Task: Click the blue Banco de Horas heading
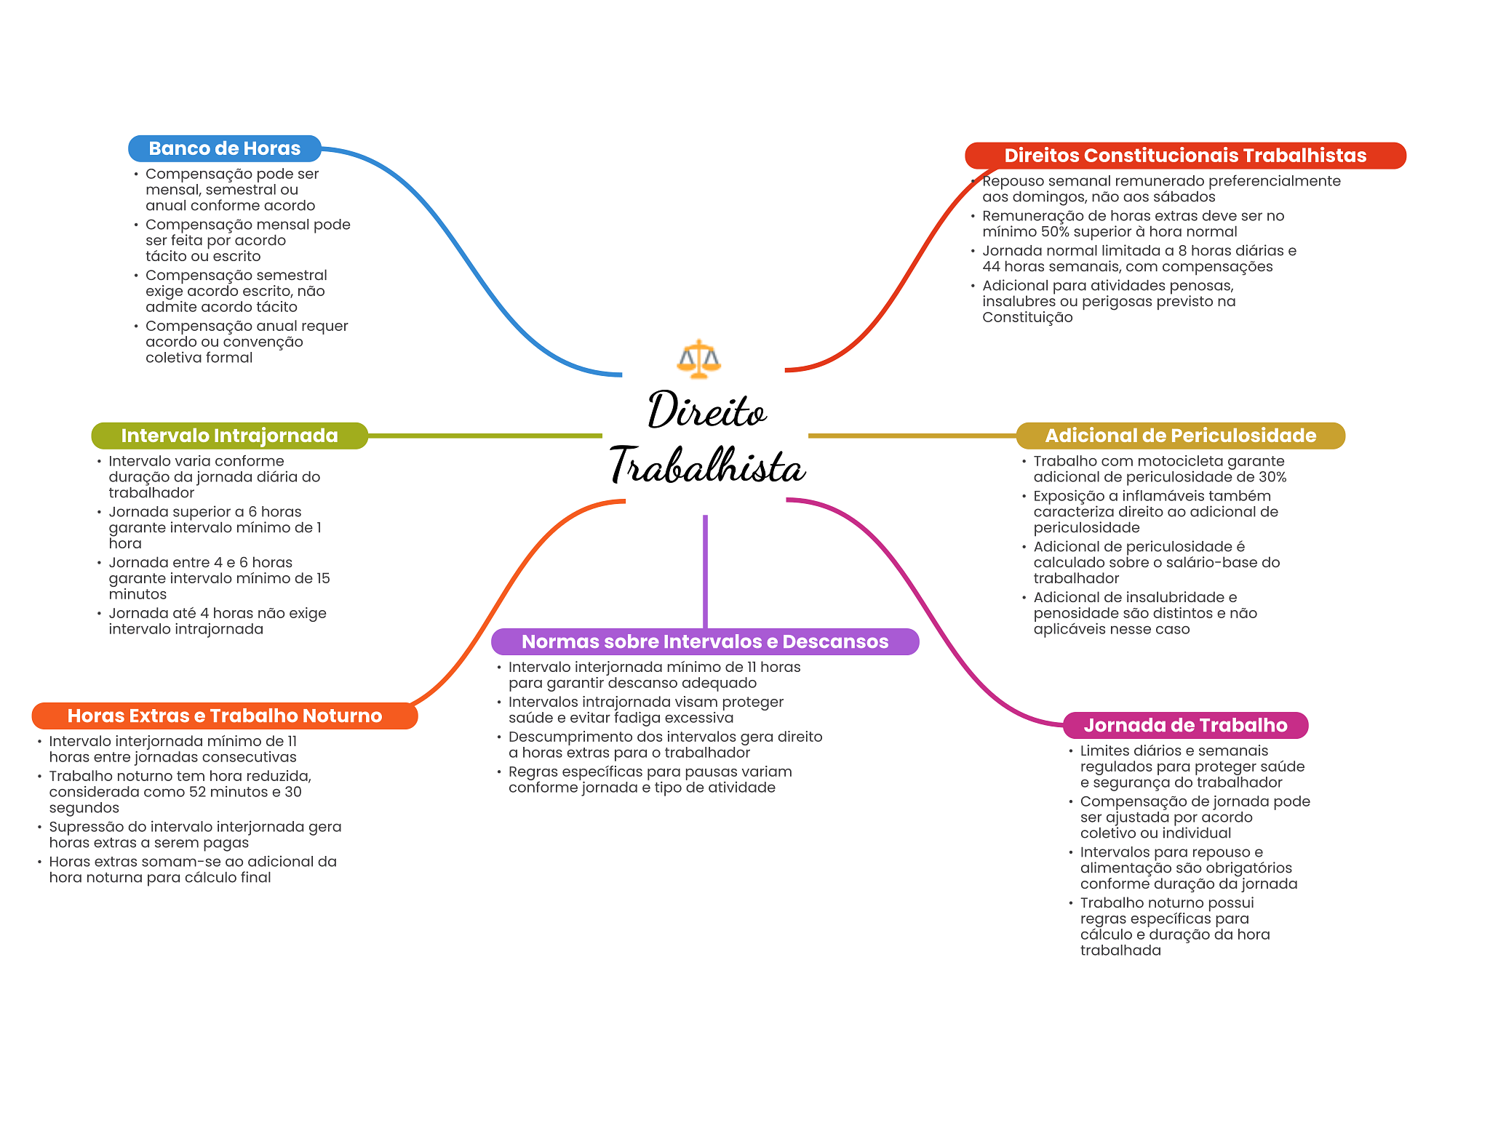click(224, 148)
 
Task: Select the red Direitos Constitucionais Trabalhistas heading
click(1184, 156)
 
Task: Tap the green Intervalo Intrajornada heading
click(229, 436)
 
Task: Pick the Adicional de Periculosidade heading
click(1180, 436)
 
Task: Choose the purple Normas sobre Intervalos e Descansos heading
click(704, 641)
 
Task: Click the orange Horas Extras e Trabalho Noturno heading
click(224, 716)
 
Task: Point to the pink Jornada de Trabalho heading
click(1185, 725)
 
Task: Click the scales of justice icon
click(698, 359)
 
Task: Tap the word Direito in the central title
click(706, 411)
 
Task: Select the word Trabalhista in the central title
click(707, 466)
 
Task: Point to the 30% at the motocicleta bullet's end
click(1273, 478)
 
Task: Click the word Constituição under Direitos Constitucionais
click(1027, 318)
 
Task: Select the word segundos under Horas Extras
click(84, 808)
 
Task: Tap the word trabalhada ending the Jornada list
click(1120, 950)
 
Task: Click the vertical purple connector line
click(705, 571)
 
